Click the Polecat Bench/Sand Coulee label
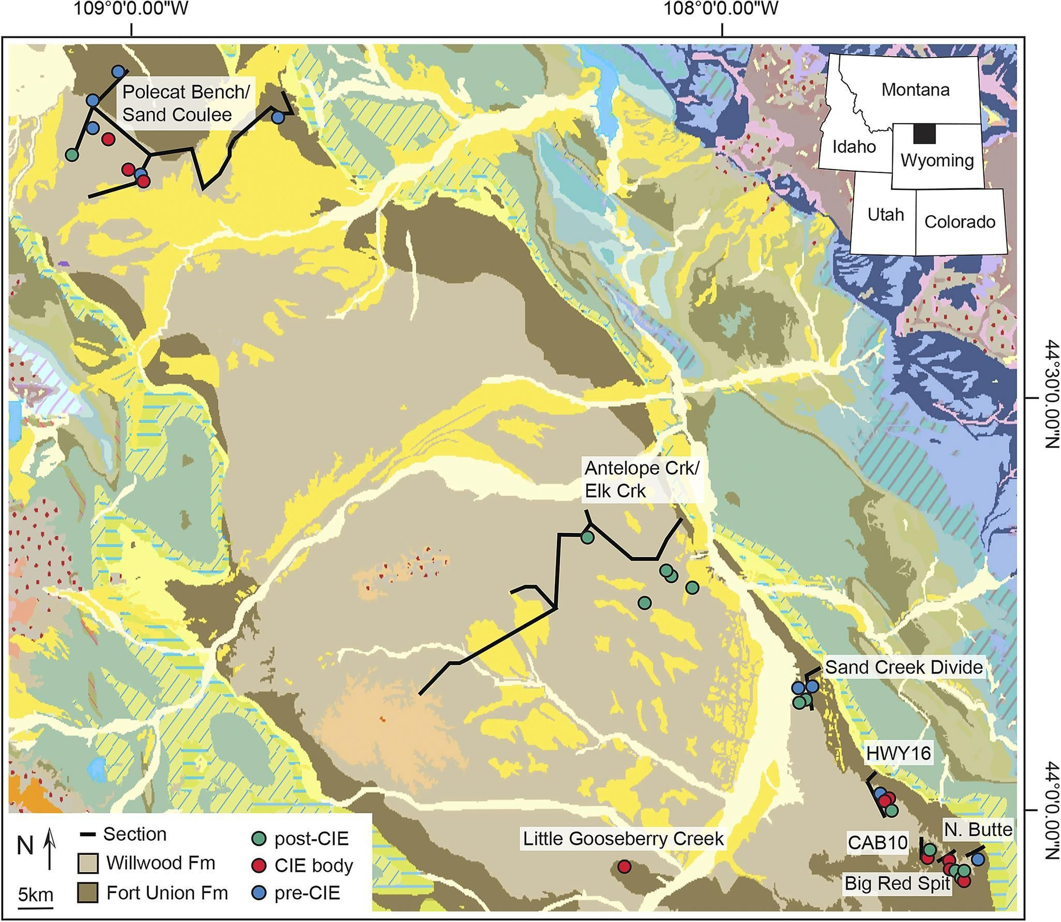coord(186,103)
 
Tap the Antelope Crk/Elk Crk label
coord(642,479)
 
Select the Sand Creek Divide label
coord(904,667)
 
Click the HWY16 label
coord(899,753)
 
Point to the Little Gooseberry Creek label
coord(623,839)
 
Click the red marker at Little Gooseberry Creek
coord(624,867)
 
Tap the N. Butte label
coord(978,829)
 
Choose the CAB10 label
coord(877,842)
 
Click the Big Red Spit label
coord(897,883)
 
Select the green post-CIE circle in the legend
coord(258,839)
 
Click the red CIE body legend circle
coord(258,866)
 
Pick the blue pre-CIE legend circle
coord(258,893)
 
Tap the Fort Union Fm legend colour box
coord(88,893)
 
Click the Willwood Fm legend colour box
coord(88,864)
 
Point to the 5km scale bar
coord(36,906)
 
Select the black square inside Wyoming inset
coord(924,134)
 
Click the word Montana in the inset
coord(915,90)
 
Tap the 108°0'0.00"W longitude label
coord(722,9)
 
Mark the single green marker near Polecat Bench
coord(72,155)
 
